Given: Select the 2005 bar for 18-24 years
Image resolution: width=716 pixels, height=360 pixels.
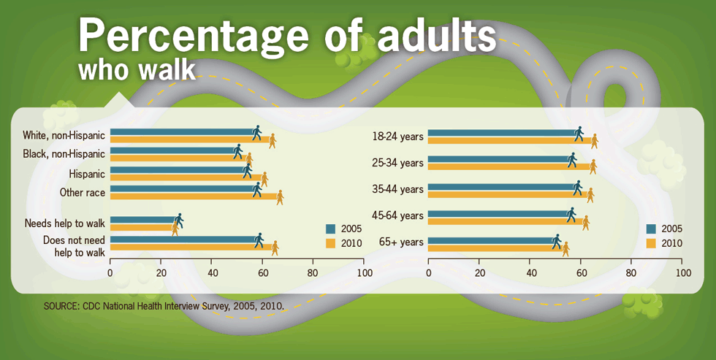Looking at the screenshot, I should point(504,133).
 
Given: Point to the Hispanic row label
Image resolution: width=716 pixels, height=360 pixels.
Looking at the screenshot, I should point(87,174).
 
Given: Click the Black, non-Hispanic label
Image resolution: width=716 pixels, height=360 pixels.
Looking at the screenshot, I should point(64,154).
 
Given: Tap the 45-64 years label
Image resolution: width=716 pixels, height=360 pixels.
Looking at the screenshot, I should point(397,215).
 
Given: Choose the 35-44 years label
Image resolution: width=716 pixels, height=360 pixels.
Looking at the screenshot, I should point(397,189).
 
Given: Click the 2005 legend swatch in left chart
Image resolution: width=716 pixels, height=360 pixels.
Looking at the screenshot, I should point(330,228).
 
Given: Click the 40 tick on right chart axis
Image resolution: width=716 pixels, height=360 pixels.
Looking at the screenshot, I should point(530,273).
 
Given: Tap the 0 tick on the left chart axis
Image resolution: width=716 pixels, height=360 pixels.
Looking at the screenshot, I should point(110,273).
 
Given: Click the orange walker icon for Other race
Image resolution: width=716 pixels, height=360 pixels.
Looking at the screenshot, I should point(279,197).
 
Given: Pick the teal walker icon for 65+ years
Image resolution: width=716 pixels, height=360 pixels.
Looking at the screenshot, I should point(556,241).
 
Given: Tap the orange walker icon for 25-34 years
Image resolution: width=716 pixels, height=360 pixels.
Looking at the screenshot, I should point(593,167).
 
